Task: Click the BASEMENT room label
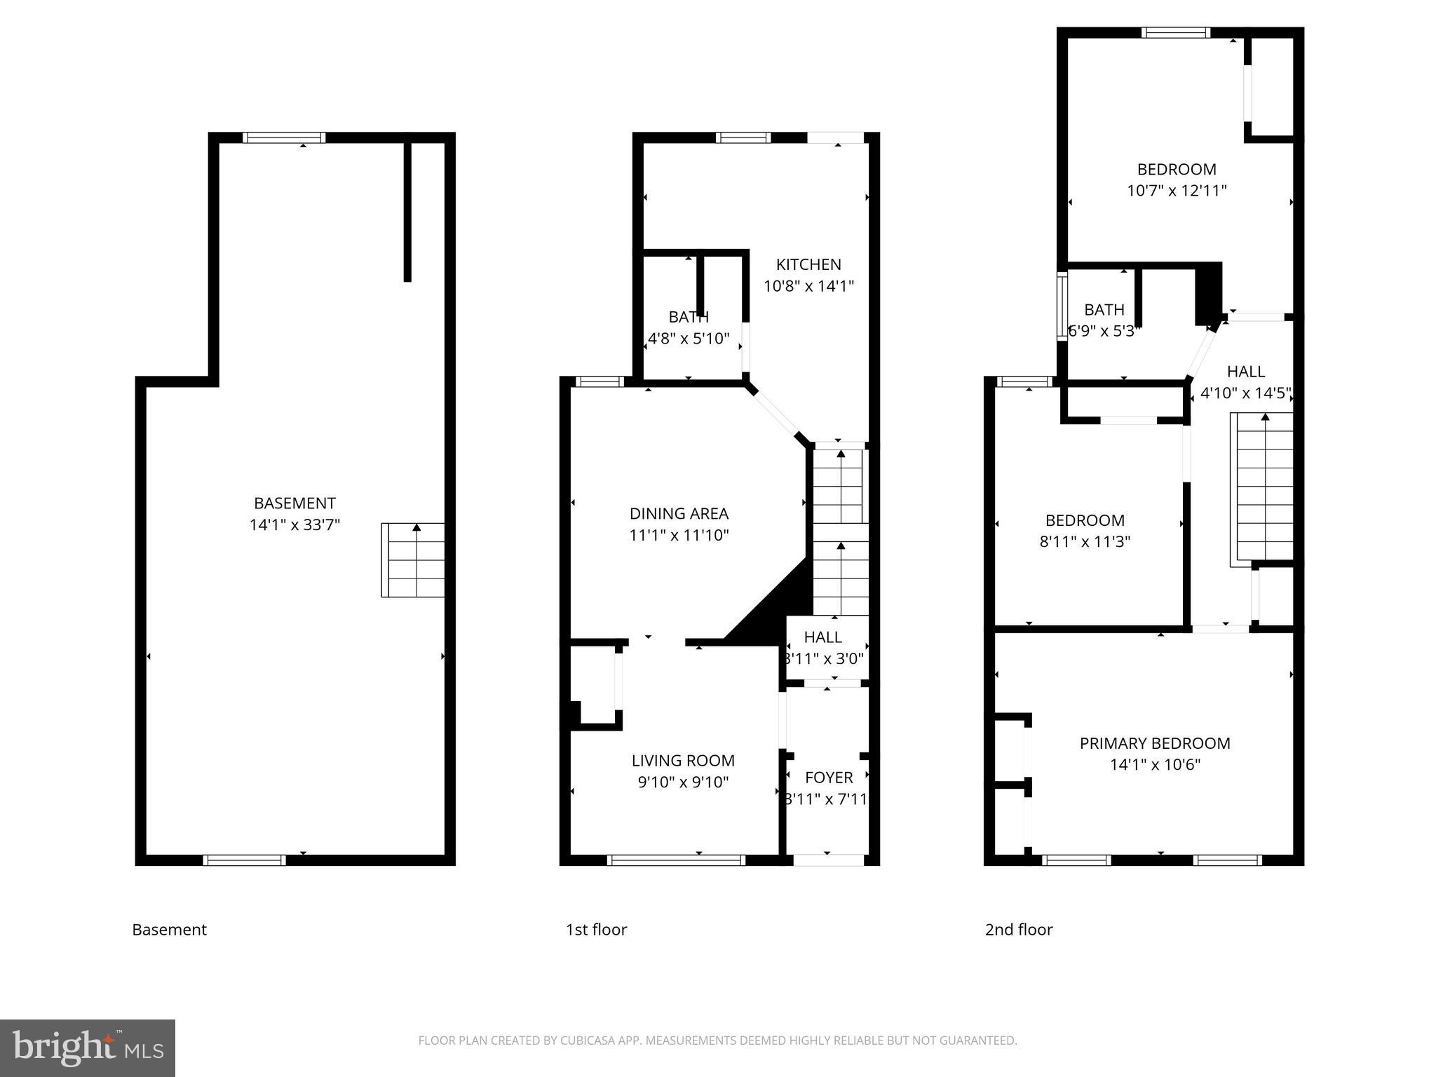[x=294, y=503]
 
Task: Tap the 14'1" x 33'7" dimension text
[x=294, y=524]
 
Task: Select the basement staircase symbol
[x=413, y=560]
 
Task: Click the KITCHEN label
[x=808, y=264]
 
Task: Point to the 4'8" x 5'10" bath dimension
[x=689, y=339]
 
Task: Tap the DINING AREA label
[x=679, y=513]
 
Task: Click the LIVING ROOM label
[x=683, y=760]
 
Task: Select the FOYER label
[x=829, y=777]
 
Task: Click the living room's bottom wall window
[x=675, y=860]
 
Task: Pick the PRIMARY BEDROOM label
[x=1155, y=743]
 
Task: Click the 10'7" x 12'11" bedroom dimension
[x=1177, y=191]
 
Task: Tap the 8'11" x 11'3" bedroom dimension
[x=1085, y=541]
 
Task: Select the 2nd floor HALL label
[x=1246, y=371]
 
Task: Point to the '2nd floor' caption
[x=1019, y=929]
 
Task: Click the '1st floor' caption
[x=596, y=929]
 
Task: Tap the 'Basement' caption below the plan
[x=169, y=929]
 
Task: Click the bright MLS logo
[x=88, y=1048]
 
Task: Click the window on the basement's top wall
[x=284, y=137]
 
